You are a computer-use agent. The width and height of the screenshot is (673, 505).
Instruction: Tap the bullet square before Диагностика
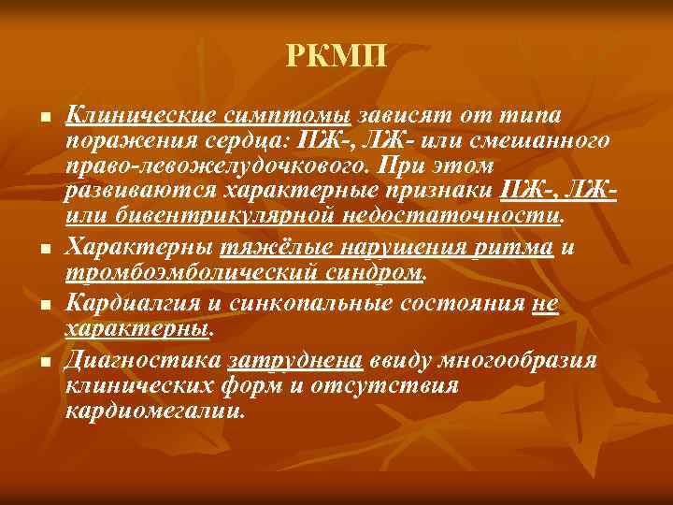[43, 362]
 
